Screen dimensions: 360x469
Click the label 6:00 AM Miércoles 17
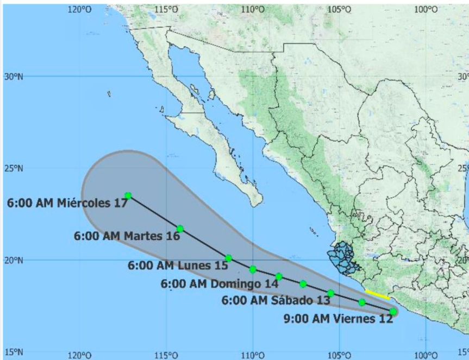click(x=67, y=203)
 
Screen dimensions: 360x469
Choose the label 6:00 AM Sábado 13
click(x=268, y=300)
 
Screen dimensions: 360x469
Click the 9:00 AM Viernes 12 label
click(x=338, y=319)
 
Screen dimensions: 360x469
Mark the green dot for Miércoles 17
click(x=128, y=195)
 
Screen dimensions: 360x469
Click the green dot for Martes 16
click(x=180, y=229)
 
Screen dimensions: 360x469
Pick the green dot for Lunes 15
click(x=229, y=258)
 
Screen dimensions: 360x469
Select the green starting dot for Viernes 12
click(x=393, y=312)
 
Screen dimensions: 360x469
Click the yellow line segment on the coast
click(x=377, y=295)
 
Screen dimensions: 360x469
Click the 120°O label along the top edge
click(x=79, y=9)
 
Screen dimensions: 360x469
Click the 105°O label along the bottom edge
click(x=339, y=355)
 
